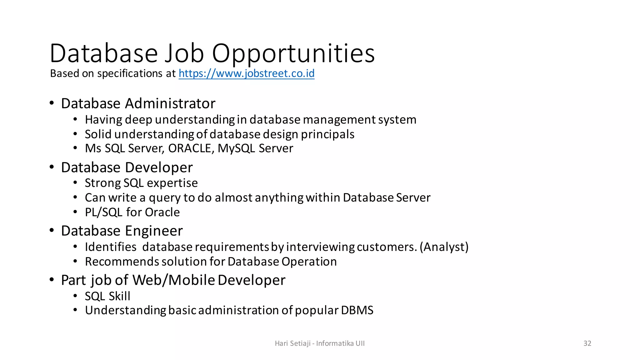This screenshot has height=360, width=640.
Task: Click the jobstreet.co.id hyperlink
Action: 246,73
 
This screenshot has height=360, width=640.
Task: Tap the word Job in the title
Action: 184,53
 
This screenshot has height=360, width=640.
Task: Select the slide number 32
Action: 587,343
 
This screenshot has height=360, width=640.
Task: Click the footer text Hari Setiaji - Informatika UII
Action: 319,343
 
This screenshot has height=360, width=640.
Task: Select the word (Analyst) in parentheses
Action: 444,247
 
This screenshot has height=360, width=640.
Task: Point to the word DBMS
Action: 357,310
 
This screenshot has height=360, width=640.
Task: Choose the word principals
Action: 327,134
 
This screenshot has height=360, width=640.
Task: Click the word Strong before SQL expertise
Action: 103,183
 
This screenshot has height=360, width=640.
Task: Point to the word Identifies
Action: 111,247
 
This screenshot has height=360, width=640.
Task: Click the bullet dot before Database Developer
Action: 52,167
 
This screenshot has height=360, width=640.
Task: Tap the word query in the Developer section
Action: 164,198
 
